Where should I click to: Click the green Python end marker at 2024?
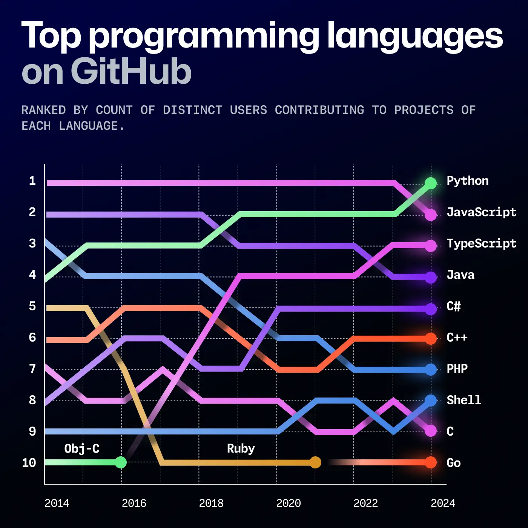tap(430, 183)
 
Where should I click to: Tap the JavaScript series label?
tap(481, 212)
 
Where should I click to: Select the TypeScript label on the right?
tap(481, 244)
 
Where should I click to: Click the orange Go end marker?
tap(430, 462)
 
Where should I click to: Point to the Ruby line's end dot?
tap(315, 462)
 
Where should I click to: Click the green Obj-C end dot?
tap(121, 462)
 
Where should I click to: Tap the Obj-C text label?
tap(82, 449)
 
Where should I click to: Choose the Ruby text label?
tap(241, 449)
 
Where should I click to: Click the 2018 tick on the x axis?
tap(211, 503)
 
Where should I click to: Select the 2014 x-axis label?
tap(57, 503)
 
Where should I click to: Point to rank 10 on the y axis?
tap(29, 463)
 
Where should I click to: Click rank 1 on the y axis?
tap(32, 181)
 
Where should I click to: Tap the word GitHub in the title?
tap(131, 72)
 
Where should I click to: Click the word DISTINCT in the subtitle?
tap(192, 110)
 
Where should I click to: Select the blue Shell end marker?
tap(430, 401)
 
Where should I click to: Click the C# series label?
tap(454, 306)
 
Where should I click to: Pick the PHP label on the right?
tap(457, 369)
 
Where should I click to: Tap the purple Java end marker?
tap(430, 278)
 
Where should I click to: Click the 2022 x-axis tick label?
tap(365, 503)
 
